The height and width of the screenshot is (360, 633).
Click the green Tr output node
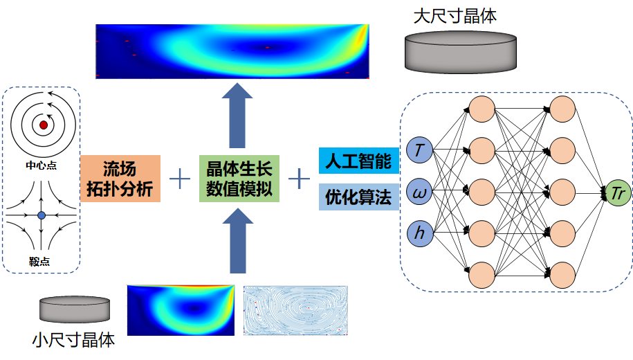pyautogui.click(x=617, y=193)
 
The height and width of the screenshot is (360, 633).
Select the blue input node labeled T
pyautogui.click(x=419, y=148)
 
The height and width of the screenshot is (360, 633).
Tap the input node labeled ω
pyautogui.click(x=419, y=192)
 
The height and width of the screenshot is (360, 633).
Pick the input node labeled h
pyautogui.click(x=419, y=233)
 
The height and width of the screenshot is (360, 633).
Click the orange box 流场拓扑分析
pyautogui.click(x=120, y=178)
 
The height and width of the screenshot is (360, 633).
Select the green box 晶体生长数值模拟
pyautogui.click(x=239, y=178)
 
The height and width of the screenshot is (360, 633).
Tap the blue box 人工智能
pyautogui.click(x=358, y=161)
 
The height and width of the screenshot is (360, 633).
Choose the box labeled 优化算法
pyautogui.click(x=358, y=197)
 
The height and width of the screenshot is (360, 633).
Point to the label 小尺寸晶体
pyautogui.click(x=73, y=340)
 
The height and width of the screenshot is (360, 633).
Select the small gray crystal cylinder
pyautogui.click(x=75, y=309)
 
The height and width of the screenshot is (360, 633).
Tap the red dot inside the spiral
pyautogui.click(x=44, y=125)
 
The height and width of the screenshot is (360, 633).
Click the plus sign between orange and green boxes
pyautogui.click(x=180, y=179)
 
